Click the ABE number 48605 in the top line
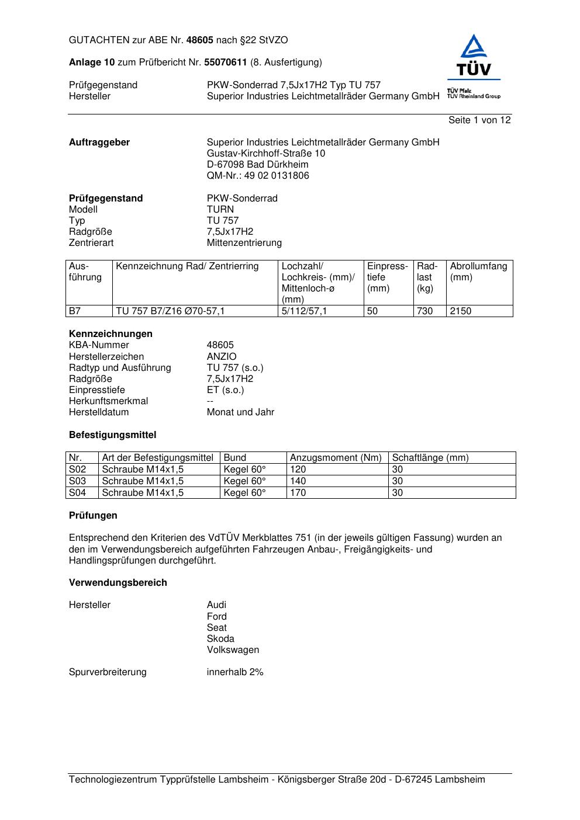(x=200, y=40)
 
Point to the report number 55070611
(x=226, y=62)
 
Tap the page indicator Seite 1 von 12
(x=479, y=120)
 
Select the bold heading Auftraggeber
(x=99, y=142)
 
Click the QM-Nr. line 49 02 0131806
(x=258, y=175)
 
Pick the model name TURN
(x=220, y=209)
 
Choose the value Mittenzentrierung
(x=244, y=242)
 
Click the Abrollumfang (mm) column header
(x=478, y=272)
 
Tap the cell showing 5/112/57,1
(x=304, y=311)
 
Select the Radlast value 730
(x=424, y=311)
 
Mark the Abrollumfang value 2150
(x=460, y=311)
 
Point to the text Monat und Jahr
(x=240, y=412)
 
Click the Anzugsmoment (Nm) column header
(x=336, y=457)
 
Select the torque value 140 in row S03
(x=298, y=481)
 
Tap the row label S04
(x=77, y=492)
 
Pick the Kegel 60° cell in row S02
(x=244, y=469)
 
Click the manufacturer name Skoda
(x=220, y=638)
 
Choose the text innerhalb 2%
(x=235, y=672)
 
